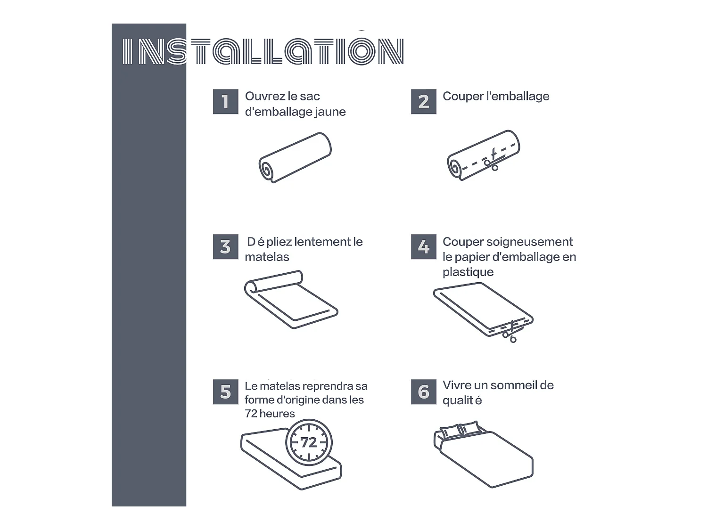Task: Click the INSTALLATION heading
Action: point(263,51)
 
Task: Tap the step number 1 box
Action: point(225,102)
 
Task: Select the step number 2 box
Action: point(424,102)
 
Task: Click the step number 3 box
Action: point(225,247)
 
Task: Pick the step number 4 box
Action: point(424,247)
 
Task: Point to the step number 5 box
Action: point(225,391)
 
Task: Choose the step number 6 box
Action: point(424,391)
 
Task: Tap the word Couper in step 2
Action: point(463,97)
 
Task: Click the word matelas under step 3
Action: point(267,257)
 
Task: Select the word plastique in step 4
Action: point(468,272)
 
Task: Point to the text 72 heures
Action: point(270,414)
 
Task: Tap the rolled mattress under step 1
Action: point(295,157)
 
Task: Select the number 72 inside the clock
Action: point(309,442)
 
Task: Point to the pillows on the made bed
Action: point(460,430)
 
